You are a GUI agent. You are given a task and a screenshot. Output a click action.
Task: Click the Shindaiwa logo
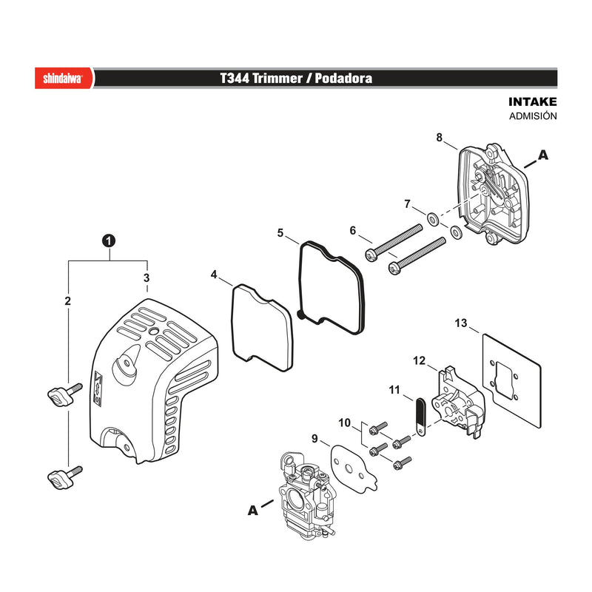pos(63,78)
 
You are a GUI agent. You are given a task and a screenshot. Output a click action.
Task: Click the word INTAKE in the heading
pos(532,101)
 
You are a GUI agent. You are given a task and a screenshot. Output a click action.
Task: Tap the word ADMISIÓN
pos(533,116)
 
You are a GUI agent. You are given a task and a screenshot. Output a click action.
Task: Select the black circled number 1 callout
pos(109,240)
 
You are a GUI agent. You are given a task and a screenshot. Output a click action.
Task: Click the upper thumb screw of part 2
pos(65,394)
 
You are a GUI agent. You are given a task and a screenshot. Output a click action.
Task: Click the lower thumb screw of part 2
pos(65,477)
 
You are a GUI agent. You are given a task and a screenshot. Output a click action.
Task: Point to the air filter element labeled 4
pos(262,327)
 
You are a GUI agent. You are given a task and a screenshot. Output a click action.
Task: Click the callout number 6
pos(353,230)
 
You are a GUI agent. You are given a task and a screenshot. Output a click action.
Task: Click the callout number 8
pos(439,138)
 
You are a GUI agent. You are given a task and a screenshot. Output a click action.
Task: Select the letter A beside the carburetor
pos(252,511)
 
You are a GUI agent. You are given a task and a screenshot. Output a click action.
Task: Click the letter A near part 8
pos(543,155)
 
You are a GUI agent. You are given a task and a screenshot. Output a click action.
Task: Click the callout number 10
pos(344,423)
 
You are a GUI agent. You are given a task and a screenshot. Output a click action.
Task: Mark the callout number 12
pos(419,360)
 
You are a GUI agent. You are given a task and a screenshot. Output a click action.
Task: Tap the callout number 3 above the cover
pos(147,278)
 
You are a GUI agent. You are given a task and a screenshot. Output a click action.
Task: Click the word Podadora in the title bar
pos(343,78)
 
